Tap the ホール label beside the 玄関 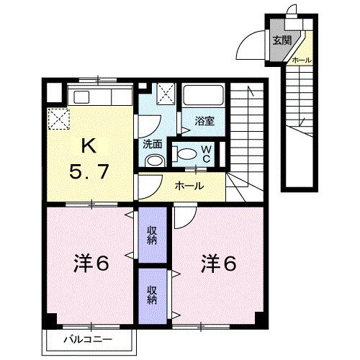[x=301, y=61]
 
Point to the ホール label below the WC [x=189, y=185]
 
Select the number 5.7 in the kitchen [x=89, y=173]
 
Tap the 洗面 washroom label [x=152, y=143]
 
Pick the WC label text [x=205, y=153]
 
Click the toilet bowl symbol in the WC [x=186, y=153]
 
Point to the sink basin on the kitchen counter [x=81, y=97]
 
